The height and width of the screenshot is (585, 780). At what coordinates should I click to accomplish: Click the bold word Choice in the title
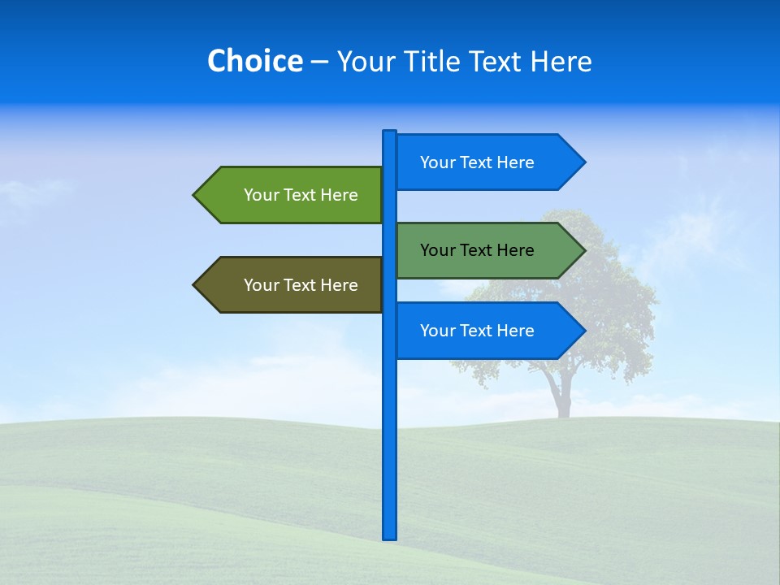[x=254, y=61]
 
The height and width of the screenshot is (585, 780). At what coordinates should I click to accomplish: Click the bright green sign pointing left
[x=292, y=195]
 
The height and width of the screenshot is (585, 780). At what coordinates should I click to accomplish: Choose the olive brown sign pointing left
[x=292, y=285]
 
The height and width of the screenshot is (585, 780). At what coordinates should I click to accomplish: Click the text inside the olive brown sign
[x=301, y=285]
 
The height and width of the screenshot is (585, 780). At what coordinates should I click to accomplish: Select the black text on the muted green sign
[x=477, y=250]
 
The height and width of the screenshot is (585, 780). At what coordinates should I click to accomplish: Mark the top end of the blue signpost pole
[x=389, y=133]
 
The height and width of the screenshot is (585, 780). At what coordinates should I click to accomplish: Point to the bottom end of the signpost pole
[x=389, y=536]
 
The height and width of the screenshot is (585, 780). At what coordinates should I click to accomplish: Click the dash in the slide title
[x=319, y=63]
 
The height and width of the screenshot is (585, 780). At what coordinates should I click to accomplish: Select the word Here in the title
[x=561, y=61]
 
